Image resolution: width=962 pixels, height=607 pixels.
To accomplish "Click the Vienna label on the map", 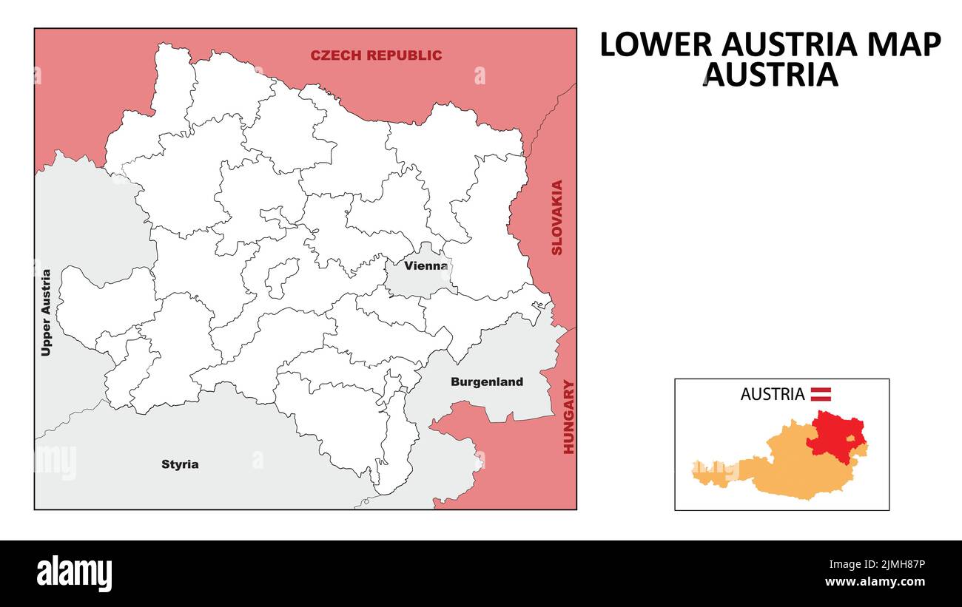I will point(425,265).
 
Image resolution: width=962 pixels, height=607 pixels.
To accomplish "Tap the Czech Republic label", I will point(376,55).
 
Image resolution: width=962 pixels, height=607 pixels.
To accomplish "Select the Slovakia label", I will point(557,217).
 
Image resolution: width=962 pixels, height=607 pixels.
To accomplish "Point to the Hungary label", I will point(568,416).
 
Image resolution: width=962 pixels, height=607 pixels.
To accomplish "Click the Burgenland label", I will point(486,382).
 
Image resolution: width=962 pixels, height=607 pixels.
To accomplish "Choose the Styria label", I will point(180,464).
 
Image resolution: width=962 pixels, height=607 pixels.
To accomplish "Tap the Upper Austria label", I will point(47,313).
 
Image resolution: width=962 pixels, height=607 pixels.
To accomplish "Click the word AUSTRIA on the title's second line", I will point(770,75).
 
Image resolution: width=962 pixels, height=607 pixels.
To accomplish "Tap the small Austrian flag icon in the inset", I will point(821,394).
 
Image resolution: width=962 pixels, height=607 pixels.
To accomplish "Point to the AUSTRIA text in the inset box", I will point(772,394).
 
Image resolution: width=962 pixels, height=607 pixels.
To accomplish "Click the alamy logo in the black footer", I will point(75,574).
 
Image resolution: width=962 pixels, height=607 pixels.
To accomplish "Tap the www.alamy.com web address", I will point(875,583).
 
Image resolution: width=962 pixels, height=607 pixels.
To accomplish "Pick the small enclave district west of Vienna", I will point(282,278).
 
